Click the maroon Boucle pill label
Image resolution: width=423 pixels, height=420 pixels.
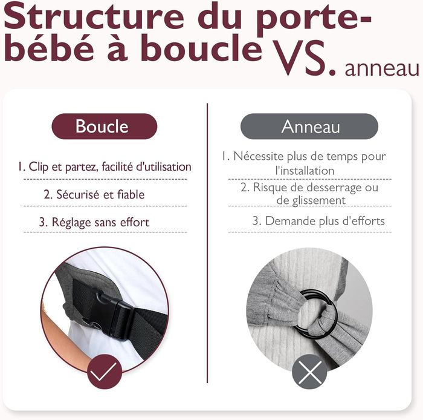coord(102,126)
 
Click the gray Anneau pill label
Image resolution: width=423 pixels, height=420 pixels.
coord(310,126)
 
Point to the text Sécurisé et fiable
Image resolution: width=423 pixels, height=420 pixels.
coord(94,195)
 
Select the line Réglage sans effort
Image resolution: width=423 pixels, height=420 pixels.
coord(94,222)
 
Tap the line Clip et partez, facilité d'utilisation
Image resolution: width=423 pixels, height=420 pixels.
coord(104,166)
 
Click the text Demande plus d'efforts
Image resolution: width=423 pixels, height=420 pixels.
coord(318,221)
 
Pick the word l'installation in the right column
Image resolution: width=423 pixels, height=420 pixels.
coord(305,171)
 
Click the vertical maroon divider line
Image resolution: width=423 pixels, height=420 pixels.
coord(207,242)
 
